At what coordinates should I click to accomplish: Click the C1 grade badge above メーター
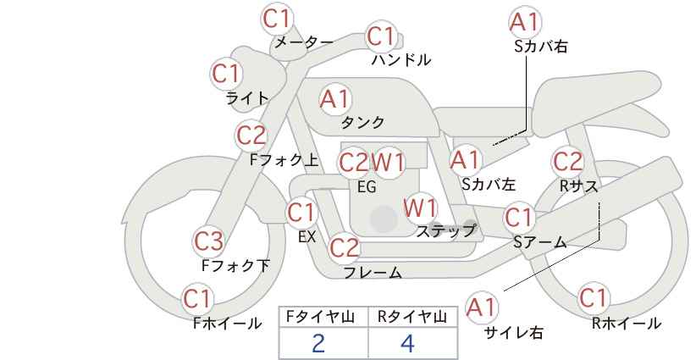click(x=276, y=19)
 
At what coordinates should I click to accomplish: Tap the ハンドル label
click(x=401, y=60)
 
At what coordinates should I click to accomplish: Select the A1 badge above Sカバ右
click(x=525, y=22)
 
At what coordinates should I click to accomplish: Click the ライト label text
click(x=247, y=98)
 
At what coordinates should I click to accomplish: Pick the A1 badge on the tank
click(x=335, y=99)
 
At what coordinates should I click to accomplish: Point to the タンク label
click(x=362, y=122)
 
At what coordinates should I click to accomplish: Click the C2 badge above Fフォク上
click(x=251, y=136)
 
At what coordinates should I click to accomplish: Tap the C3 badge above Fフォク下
click(x=208, y=241)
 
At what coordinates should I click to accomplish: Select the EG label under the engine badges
click(x=367, y=186)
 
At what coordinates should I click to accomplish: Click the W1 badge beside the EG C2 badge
click(x=388, y=163)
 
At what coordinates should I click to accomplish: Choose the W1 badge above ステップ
click(x=420, y=208)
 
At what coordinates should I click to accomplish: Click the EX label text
click(x=307, y=236)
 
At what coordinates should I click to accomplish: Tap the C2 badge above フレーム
click(x=345, y=247)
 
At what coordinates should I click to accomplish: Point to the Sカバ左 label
click(x=489, y=184)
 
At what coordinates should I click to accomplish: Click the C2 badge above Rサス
click(x=567, y=162)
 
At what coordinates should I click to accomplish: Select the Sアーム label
click(x=539, y=241)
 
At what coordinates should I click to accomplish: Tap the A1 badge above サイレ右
click(x=482, y=307)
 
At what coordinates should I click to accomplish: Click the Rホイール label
click(x=627, y=324)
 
